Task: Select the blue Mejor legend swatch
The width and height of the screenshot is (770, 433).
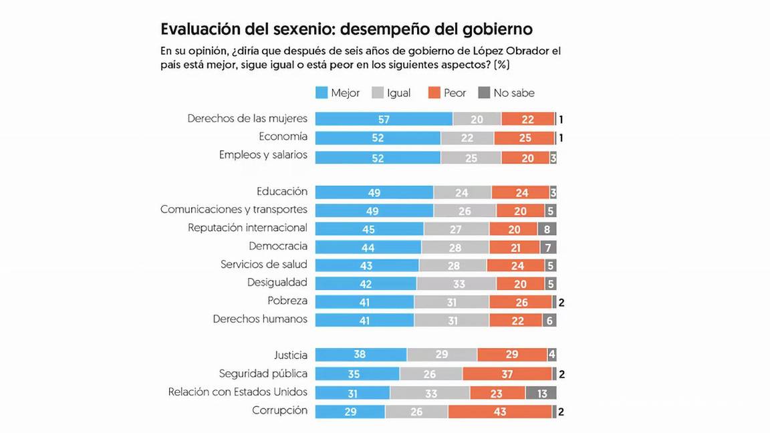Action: (321, 93)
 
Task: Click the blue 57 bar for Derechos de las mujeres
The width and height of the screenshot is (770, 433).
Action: (384, 119)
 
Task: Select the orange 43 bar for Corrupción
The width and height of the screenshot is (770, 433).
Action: (500, 412)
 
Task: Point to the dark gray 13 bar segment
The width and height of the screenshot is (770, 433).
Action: (541, 394)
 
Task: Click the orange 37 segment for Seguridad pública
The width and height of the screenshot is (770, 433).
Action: (507, 374)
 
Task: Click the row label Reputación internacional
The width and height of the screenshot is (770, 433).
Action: (247, 228)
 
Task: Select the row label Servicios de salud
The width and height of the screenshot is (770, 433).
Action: (264, 264)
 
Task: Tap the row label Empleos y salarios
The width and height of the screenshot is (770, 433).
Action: (263, 155)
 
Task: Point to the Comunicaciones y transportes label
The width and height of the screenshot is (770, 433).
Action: (234, 209)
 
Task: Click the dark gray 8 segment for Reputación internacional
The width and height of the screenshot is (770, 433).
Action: (547, 229)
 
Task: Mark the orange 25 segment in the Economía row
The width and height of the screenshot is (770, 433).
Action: (524, 138)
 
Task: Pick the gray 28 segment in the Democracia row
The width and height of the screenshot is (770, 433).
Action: (455, 247)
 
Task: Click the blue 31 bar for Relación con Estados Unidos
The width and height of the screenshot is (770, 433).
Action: (352, 394)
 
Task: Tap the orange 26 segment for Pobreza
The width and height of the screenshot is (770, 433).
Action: (521, 302)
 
